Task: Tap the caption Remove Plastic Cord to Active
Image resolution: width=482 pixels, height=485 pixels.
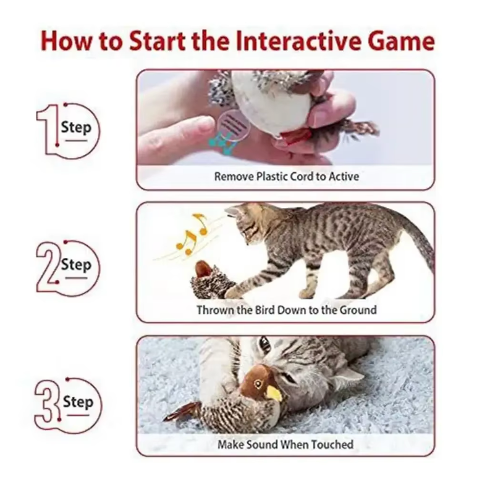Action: pyautogui.click(x=286, y=176)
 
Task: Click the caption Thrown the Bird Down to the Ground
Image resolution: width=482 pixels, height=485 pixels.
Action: pyautogui.click(x=286, y=310)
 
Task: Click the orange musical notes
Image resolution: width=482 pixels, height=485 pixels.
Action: pyautogui.click(x=190, y=233)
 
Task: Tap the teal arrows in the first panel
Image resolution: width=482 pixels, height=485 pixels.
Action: pyautogui.click(x=223, y=144)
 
